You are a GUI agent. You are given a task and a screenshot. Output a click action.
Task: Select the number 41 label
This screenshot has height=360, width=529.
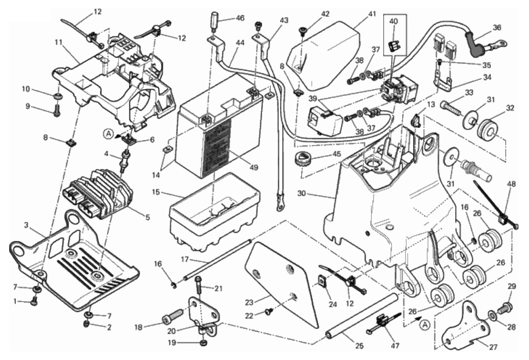(372, 14)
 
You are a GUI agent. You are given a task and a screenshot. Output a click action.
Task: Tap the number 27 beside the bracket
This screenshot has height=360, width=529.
(493, 346)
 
